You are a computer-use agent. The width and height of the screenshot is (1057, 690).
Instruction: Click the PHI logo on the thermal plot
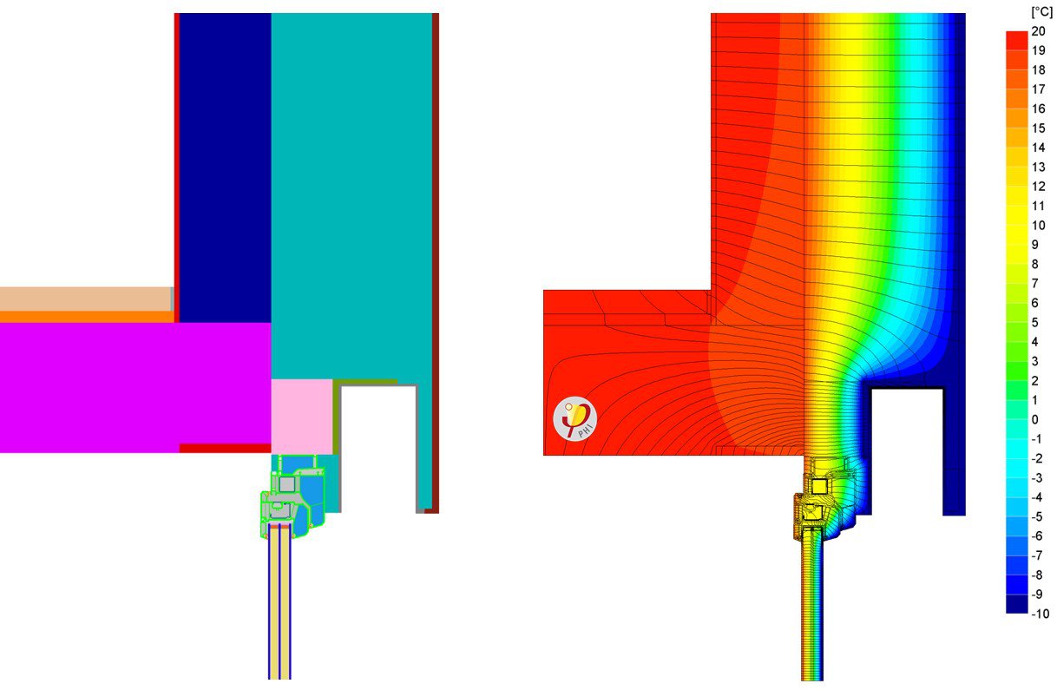pyautogui.click(x=575, y=417)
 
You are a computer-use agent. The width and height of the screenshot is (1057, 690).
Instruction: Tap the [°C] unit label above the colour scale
pyautogui.click(x=1041, y=12)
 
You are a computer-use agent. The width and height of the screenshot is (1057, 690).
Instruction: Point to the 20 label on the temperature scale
pyautogui.click(x=1039, y=31)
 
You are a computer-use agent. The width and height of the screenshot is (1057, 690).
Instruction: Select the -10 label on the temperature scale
pyautogui.click(x=1041, y=614)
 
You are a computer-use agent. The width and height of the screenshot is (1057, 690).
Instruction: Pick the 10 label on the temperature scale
pyautogui.click(x=1039, y=226)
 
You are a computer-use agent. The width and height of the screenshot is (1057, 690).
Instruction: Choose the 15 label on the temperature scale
pyautogui.click(x=1039, y=128)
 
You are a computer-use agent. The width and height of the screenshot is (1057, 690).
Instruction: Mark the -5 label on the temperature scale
pyautogui.click(x=1038, y=517)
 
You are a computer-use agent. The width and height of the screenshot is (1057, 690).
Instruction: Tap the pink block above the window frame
pyautogui.click(x=302, y=416)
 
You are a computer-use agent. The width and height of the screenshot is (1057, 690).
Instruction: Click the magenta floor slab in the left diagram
pyautogui.click(x=130, y=386)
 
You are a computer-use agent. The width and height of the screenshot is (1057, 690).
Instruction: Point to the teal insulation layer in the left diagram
pyautogui.click(x=351, y=191)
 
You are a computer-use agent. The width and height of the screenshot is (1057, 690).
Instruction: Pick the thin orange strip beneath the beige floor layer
pyautogui.click(x=87, y=317)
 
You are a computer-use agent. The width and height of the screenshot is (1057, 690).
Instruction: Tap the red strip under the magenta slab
pyautogui.click(x=225, y=449)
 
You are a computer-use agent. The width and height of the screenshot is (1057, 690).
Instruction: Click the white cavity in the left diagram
pyautogui.click(x=378, y=447)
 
